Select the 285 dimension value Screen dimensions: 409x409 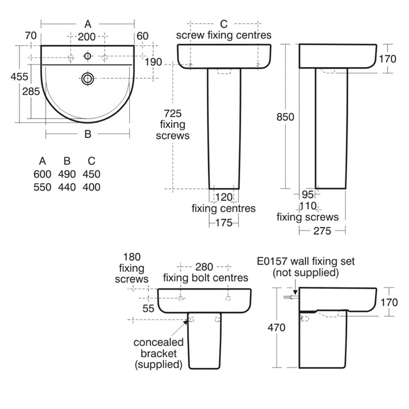point(30,91)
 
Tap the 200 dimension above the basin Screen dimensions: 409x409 point(88,37)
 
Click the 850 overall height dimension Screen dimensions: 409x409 point(285,117)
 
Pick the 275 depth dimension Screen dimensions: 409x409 point(322,231)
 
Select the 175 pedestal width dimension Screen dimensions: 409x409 point(224,223)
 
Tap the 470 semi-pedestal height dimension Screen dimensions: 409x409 point(276,328)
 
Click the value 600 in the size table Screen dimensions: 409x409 point(43,174)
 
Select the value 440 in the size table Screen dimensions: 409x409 point(67,187)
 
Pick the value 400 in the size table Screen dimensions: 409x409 point(91,187)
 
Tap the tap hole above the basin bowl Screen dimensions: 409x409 point(88,56)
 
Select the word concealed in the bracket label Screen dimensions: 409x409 point(158,342)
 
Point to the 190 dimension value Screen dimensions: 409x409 point(154,63)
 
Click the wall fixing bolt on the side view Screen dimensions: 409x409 point(288,298)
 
